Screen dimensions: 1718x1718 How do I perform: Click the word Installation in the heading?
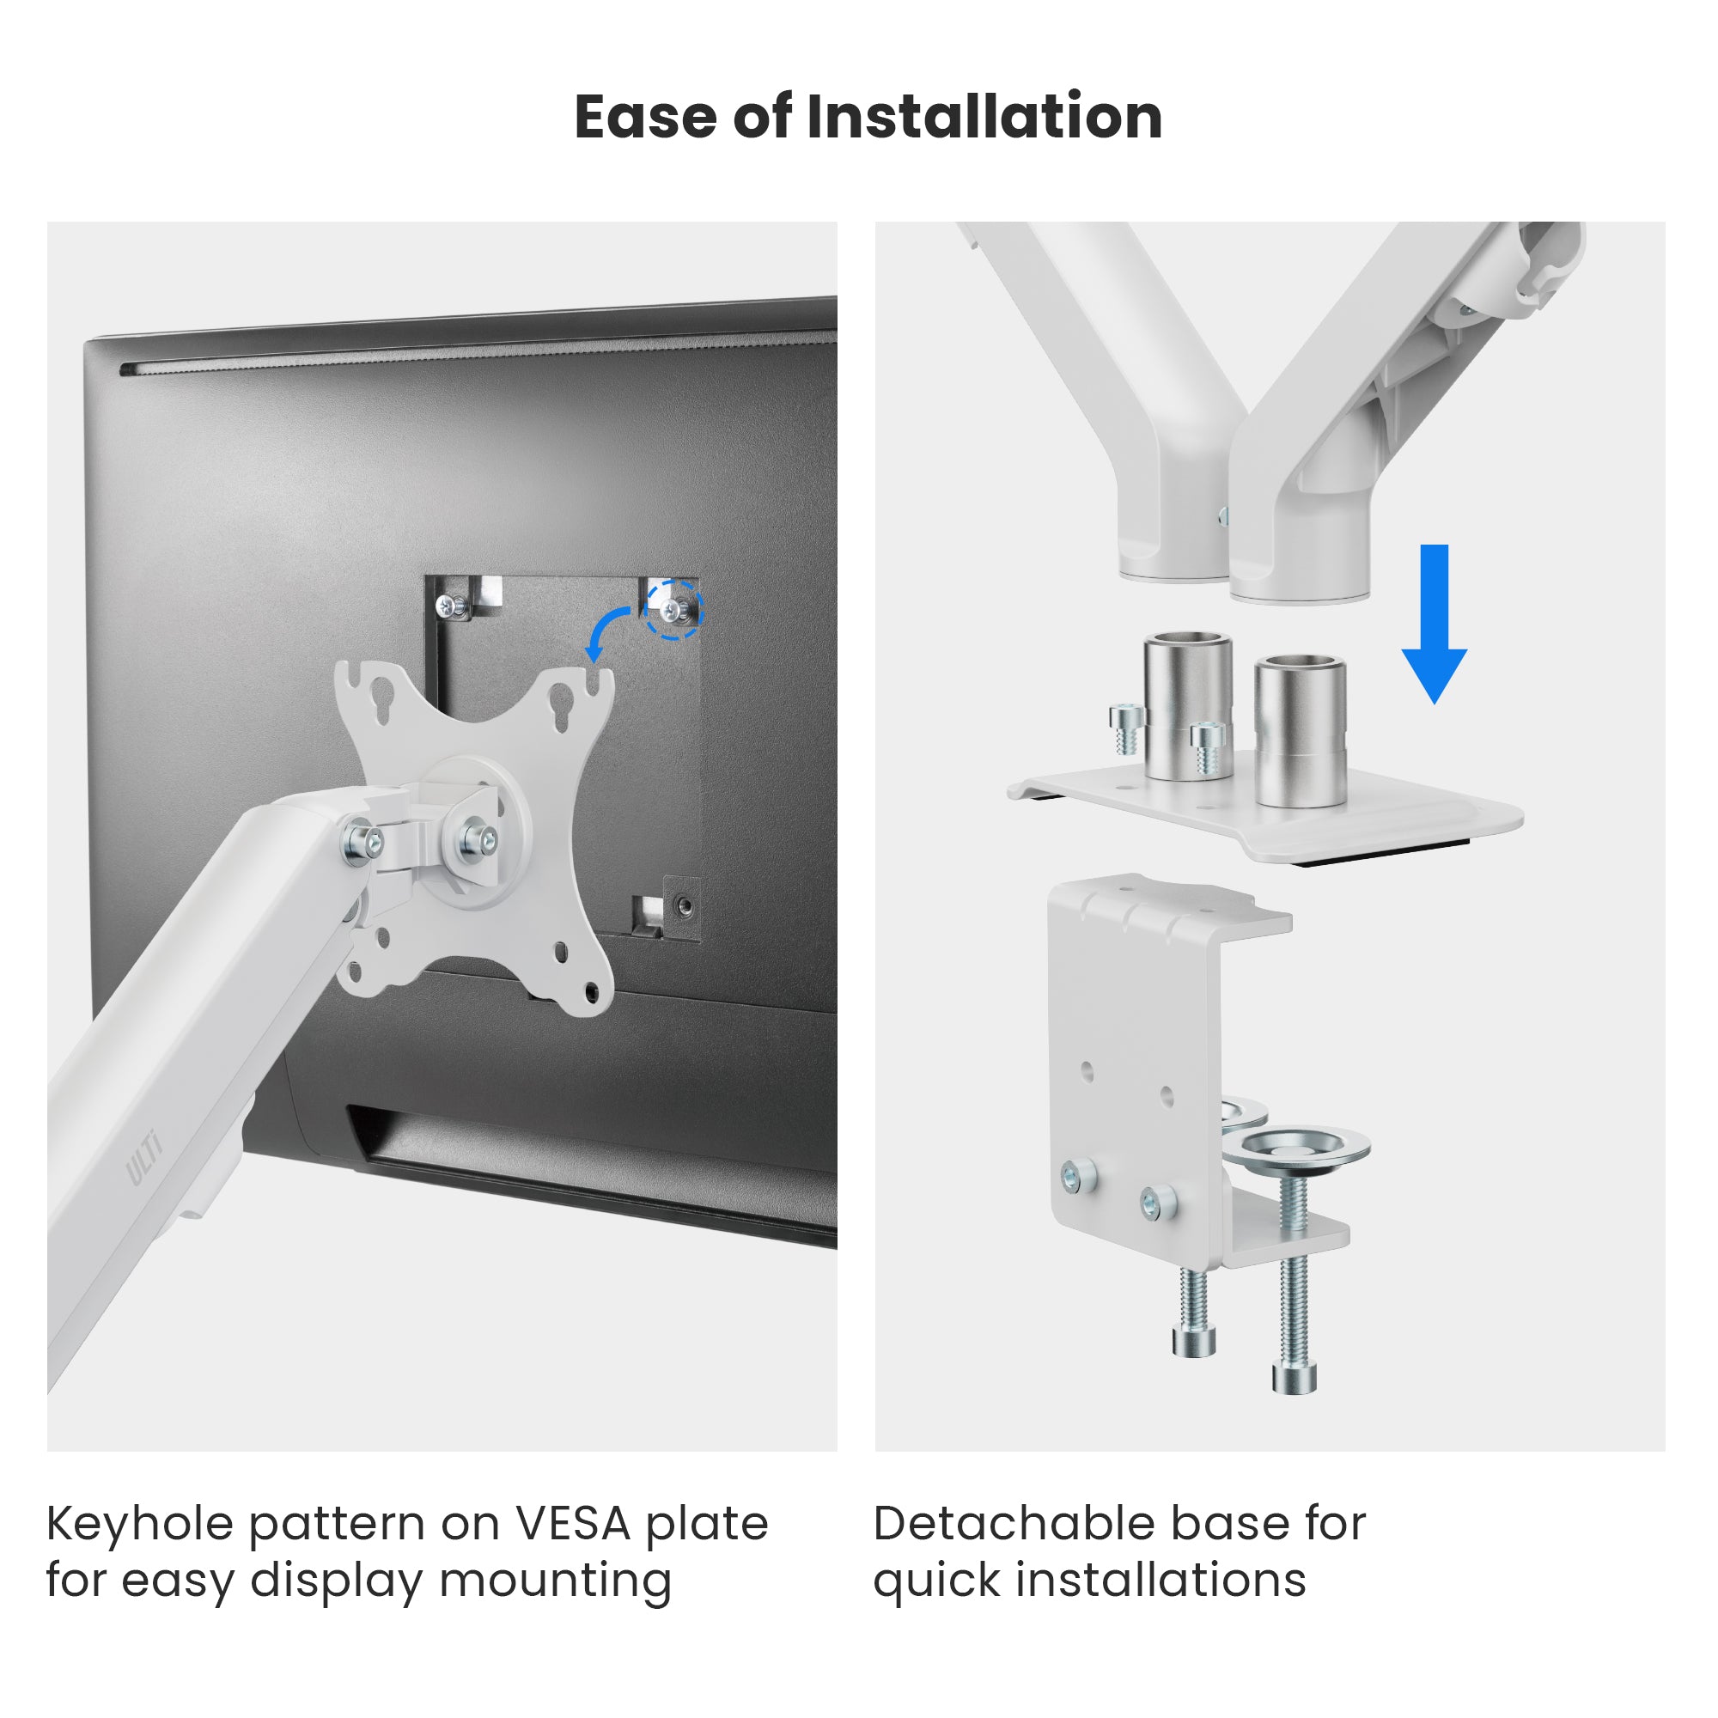[984, 117]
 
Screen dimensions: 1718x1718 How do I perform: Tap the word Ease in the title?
[645, 117]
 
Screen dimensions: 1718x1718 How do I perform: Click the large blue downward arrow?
[1435, 624]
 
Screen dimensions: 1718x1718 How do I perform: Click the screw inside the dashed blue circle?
[675, 609]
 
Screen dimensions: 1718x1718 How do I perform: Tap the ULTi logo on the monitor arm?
[144, 1158]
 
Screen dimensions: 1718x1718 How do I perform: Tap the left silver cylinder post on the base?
[1187, 706]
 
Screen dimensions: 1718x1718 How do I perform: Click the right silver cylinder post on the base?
[1300, 731]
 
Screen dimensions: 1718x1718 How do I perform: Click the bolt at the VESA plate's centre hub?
[479, 840]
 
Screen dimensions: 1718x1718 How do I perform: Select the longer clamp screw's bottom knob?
[1294, 1376]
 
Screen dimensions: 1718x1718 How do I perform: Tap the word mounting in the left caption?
[556, 1582]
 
